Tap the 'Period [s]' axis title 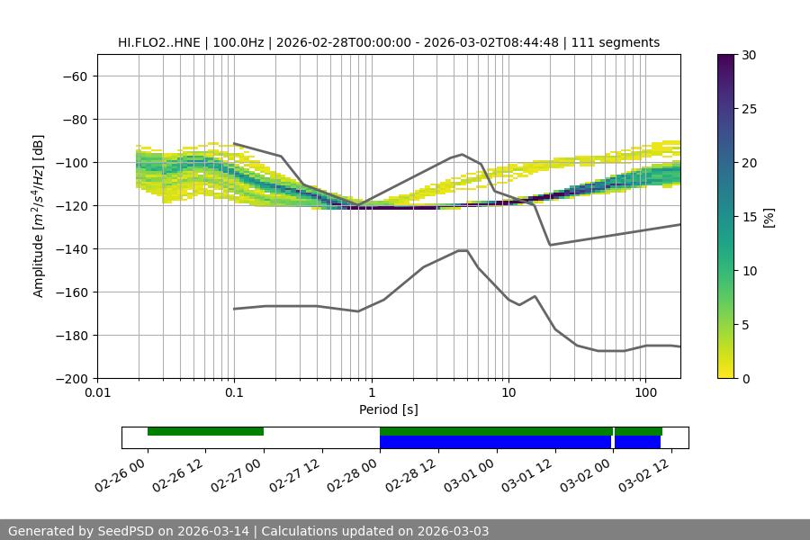389,409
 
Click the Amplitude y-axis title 39,216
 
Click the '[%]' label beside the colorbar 769,217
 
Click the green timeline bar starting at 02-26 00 205,431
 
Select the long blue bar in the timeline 495,442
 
